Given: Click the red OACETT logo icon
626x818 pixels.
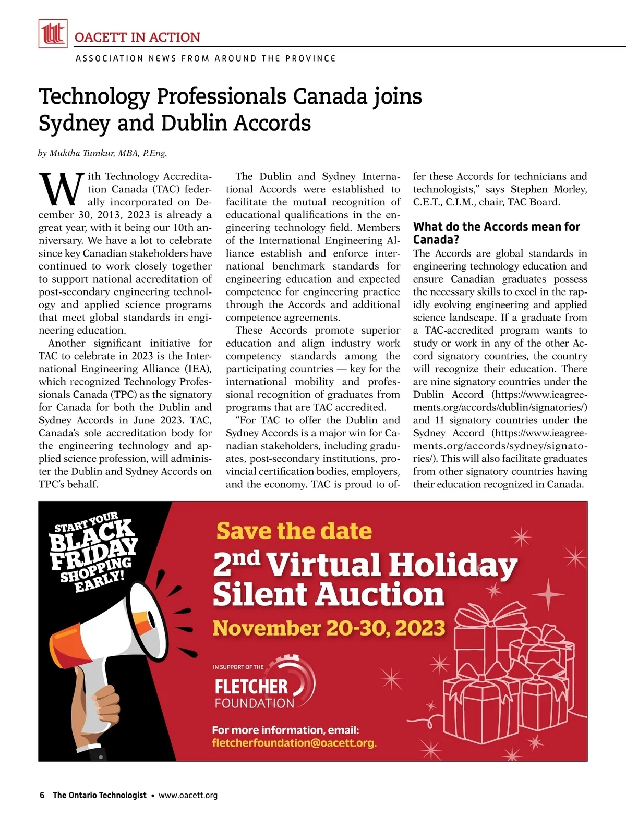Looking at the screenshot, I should point(53,34).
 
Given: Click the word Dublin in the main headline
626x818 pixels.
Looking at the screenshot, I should point(194,124).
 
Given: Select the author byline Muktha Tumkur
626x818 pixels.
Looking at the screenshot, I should point(102,153).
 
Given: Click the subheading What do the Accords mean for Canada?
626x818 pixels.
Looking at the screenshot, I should point(496,233).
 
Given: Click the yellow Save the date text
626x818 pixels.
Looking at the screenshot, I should point(294,531).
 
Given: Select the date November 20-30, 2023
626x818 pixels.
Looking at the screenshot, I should point(329,628).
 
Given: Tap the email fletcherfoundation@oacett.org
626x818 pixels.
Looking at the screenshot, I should point(294,743).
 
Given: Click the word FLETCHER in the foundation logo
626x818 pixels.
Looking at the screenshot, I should point(251,687).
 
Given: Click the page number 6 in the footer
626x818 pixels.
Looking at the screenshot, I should point(42,795).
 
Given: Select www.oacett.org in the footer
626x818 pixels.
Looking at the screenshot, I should point(188,795).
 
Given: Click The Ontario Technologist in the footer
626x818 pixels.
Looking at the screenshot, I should point(100,795).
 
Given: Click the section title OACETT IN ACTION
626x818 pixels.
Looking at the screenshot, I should point(137,38).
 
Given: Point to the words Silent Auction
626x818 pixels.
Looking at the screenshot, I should point(328,594).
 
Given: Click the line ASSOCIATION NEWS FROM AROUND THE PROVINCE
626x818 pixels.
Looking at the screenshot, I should point(206,58).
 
